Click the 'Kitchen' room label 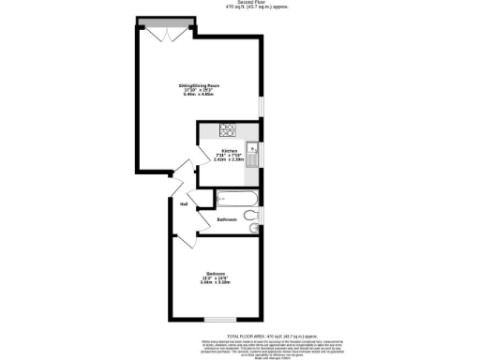tap(229, 151)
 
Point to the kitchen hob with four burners tap(227, 130)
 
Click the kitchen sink tap(251, 148)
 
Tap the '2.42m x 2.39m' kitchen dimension tap(229, 159)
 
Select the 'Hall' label tap(185, 202)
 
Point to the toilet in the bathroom tap(250, 217)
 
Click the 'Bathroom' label tap(227, 219)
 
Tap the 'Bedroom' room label tap(216, 273)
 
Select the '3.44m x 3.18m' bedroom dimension tap(216, 282)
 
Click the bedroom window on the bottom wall tap(221, 319)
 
